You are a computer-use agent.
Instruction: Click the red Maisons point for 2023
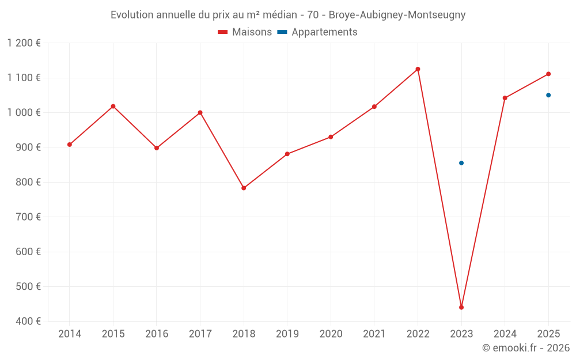click(x=461, y=307)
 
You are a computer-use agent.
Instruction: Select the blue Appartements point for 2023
click(x=461, y=163)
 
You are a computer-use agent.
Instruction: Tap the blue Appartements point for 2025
click(x=548, y=95)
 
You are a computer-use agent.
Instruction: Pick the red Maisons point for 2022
click(x=418, y=69)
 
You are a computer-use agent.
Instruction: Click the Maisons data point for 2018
click(x=244, y=188)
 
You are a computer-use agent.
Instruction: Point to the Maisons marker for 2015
click(x=113, y=106)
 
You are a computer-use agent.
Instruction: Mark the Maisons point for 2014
click(x=70, y=145)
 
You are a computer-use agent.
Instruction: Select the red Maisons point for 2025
click(x=548, y=74)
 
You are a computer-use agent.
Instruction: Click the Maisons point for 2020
click(x=331, y=137)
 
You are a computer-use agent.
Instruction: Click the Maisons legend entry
click(x=245, y=32)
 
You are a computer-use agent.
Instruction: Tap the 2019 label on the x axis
click(x=287, y=334)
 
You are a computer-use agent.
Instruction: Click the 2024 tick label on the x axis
click(x=505, y=334)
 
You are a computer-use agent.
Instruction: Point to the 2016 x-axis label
click(x=157, y=334)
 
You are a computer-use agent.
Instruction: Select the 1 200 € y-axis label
click(x=24, y=43)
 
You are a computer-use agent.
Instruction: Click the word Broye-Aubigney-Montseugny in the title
click(x=397, y=15)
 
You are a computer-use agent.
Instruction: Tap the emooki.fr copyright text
click(x=526, y=348)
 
